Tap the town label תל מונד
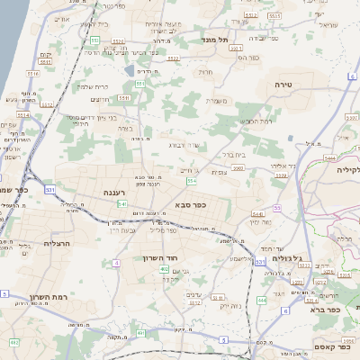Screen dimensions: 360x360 (x=240, y=40)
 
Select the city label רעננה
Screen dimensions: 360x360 (x=120, y=193)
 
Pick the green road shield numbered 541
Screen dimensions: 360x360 (x=121, y=205)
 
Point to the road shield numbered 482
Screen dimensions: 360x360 (x=13, y=343)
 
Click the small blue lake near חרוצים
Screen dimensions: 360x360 (x=131, y=69)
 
